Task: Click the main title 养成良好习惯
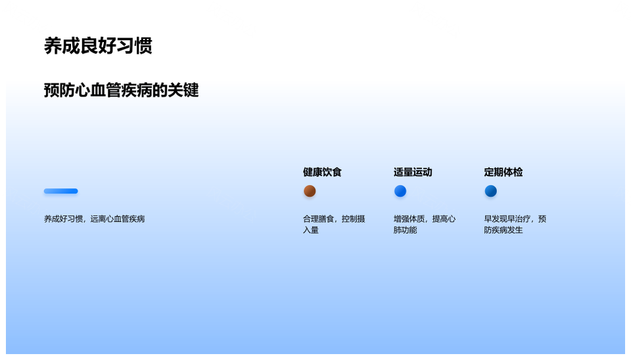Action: coord(98,46)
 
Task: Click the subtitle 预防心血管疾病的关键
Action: coord(121,90)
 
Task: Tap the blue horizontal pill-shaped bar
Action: coord(61,191)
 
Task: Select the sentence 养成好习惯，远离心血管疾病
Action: coord(94,219)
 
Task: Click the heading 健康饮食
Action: coord(322,172)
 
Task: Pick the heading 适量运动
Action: coord(413,172)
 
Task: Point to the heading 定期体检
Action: coord(503,172)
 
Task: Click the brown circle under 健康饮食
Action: coord(310,191)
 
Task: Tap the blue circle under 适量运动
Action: coord(400,191)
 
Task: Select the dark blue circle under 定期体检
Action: coord(491,191)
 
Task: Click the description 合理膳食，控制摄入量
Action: coord(334,224)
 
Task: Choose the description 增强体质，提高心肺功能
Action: coord(424,224)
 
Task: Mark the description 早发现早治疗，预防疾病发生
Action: coord(515,224)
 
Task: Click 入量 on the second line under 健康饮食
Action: coord(311,230)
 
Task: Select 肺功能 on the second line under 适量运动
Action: coord(405,230)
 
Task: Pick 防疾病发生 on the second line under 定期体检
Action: coord(503,230)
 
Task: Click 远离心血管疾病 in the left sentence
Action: coord(118,219)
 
